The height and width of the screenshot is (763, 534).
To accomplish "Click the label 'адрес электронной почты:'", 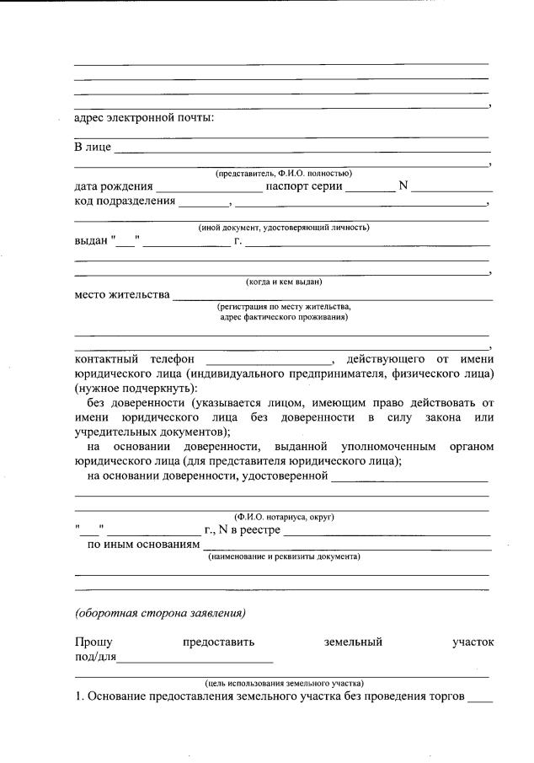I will [144, 118].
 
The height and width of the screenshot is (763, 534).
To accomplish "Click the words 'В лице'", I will [93, 148].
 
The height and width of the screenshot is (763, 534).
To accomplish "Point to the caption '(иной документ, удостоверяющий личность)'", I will [283, 228].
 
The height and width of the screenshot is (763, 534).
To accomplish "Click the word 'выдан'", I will [90, 242].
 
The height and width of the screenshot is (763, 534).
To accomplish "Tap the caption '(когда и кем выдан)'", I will [283, 282].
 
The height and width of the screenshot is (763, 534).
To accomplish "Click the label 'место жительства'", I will [121, 295].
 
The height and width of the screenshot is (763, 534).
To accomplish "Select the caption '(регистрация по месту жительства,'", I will [283, 307].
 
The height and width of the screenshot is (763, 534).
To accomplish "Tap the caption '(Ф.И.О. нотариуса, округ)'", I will [283, 516].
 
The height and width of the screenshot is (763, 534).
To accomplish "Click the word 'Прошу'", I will [93, 642].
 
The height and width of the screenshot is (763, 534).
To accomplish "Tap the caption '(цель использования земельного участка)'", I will [283, 683].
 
